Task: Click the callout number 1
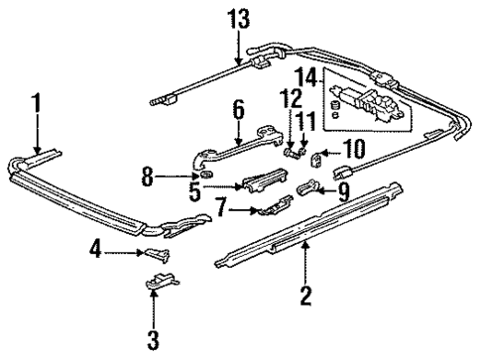tap(36, 104)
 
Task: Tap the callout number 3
tap(153, 341)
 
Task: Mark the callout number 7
tap(222, 208)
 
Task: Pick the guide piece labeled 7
tap(269, 207)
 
